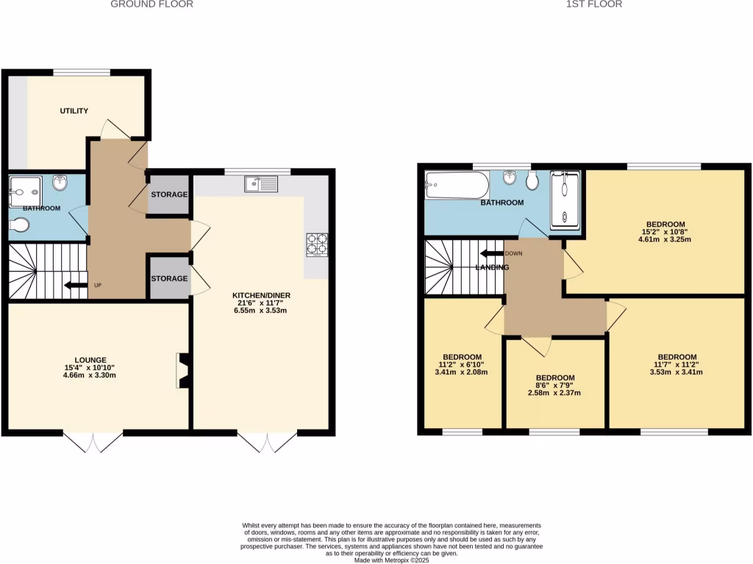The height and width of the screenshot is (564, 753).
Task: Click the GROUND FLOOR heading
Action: tap(151, 4)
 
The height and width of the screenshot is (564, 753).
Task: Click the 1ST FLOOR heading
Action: tap(594, 4)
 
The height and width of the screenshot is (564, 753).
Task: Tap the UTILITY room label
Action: tap(74, 111)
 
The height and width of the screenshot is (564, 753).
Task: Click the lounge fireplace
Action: tap(182, 371)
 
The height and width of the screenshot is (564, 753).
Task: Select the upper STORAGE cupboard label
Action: tap(169, 195)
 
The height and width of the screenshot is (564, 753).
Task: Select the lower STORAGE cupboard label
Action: tap(169, 279)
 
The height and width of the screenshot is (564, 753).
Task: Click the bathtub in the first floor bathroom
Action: tap(456, 184)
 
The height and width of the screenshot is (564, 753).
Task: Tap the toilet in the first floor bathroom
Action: tap(533, 181)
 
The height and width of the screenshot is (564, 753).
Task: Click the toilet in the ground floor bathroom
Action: tap(20, 228)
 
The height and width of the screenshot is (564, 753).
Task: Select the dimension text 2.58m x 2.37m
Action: tap(555, 393)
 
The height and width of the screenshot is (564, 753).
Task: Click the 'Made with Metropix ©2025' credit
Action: tap(391, 560)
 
